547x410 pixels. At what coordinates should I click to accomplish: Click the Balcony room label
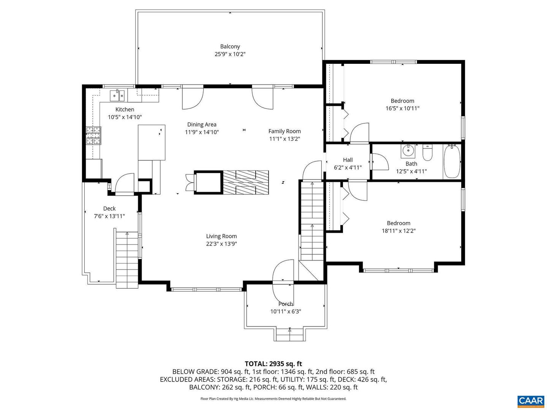(x=230, y=47)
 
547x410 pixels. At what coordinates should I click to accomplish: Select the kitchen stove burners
(x=93, y=136)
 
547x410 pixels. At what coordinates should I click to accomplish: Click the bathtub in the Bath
(x=452, y=161)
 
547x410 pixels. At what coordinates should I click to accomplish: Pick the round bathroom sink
(x=408, y=151)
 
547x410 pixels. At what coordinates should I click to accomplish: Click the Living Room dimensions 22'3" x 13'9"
(x=221, y=244)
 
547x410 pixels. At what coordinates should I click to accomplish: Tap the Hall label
(x=348, y=160)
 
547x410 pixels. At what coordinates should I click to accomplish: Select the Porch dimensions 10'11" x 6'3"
(x=286, y=312)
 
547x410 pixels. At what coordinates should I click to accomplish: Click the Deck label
(x=109, y=208)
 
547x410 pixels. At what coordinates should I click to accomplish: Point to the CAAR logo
(x=530, y=401)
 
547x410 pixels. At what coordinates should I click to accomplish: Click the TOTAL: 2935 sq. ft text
(x=273, y=364)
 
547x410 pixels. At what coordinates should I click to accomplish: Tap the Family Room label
(x=285, y=131)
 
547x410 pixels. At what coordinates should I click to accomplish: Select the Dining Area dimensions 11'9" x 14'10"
(x=202, y=132)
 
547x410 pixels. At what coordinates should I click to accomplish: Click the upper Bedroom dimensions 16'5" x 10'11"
(x=402, y=108)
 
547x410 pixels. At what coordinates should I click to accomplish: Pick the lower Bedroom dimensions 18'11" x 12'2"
(x=398, y=230)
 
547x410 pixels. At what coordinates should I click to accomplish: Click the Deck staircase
(x=127, y=260)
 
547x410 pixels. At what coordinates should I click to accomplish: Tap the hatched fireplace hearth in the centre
(x=245, y=183)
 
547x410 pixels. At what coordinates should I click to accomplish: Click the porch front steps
(x=289, y=335)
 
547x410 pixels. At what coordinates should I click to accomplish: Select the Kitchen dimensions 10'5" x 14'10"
(x=125, y=117)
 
